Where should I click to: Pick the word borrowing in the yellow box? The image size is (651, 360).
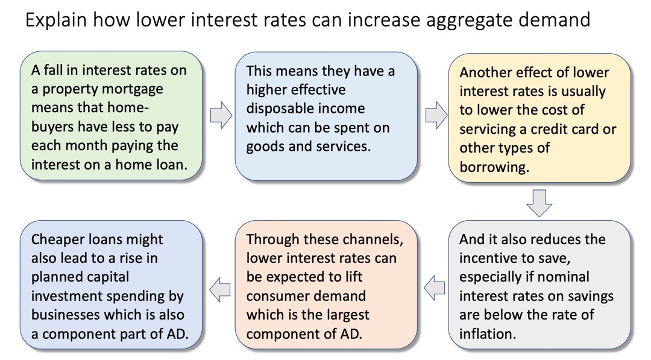[x=494, y=167]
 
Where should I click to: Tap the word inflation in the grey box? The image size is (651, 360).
[x=488, y=333]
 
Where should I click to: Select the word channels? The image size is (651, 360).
[x=364, y=240]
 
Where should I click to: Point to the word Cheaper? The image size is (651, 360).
[x=57, y=240]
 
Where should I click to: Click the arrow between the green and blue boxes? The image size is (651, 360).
[x=221, y=115]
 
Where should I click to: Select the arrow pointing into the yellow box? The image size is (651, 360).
[x=436, y=115]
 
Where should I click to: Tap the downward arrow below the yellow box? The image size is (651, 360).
[x=539, y=203]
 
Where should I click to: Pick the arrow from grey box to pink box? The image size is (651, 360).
[x=434, y=288]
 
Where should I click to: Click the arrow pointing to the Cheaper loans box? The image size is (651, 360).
[x=219, y=289]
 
